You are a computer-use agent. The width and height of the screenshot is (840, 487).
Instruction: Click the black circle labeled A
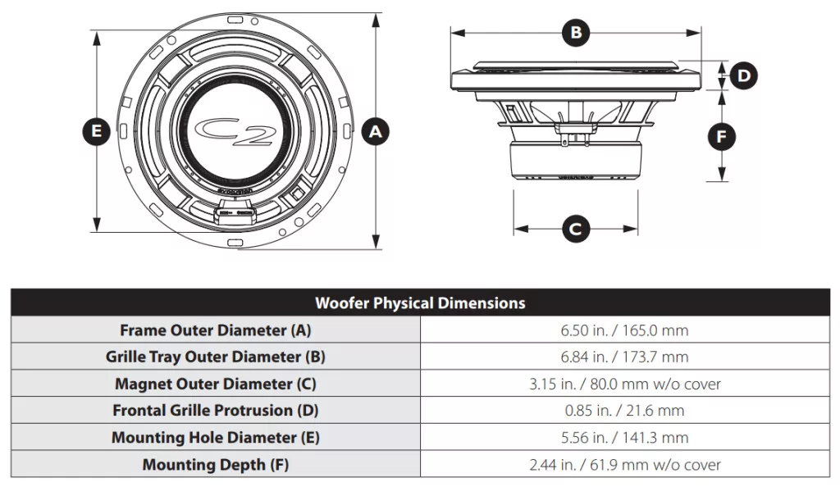pos(376,132)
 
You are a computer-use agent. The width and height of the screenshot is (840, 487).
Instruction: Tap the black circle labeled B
pos(576,32)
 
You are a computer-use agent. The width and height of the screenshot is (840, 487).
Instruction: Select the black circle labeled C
pos(576,229)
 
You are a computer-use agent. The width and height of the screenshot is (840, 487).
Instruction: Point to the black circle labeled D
pos(743,75)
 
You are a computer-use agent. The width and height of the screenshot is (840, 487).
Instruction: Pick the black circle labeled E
pos(97,132)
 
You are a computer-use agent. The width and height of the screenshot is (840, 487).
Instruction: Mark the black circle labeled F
pos(722,136)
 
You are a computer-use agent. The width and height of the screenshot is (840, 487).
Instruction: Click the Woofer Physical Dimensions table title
pos(420,303)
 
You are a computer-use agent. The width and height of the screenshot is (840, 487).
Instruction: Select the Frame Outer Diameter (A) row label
pos(216,330)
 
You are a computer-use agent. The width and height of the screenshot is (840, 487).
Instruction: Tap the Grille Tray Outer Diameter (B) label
pos(216,357)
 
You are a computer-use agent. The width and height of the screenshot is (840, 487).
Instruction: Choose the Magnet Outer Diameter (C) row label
pos(216,384)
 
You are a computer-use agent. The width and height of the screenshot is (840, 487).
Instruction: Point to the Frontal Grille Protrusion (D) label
pos(216,411)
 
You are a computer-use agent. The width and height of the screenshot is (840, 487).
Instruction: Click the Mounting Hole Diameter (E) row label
pos(216,437)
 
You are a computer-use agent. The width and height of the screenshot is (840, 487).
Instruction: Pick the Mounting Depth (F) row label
pos(216,465)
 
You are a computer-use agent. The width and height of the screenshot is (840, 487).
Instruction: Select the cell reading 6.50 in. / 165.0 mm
pos(624,330)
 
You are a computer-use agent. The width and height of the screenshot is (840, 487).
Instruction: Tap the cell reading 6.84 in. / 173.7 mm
pos(624,357)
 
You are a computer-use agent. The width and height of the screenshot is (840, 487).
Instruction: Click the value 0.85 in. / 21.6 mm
pos(624,411)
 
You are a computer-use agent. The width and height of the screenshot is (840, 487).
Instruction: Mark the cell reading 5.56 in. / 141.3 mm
pos(624,437)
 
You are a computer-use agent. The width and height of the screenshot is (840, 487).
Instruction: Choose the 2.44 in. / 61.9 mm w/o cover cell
pos(624,465)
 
